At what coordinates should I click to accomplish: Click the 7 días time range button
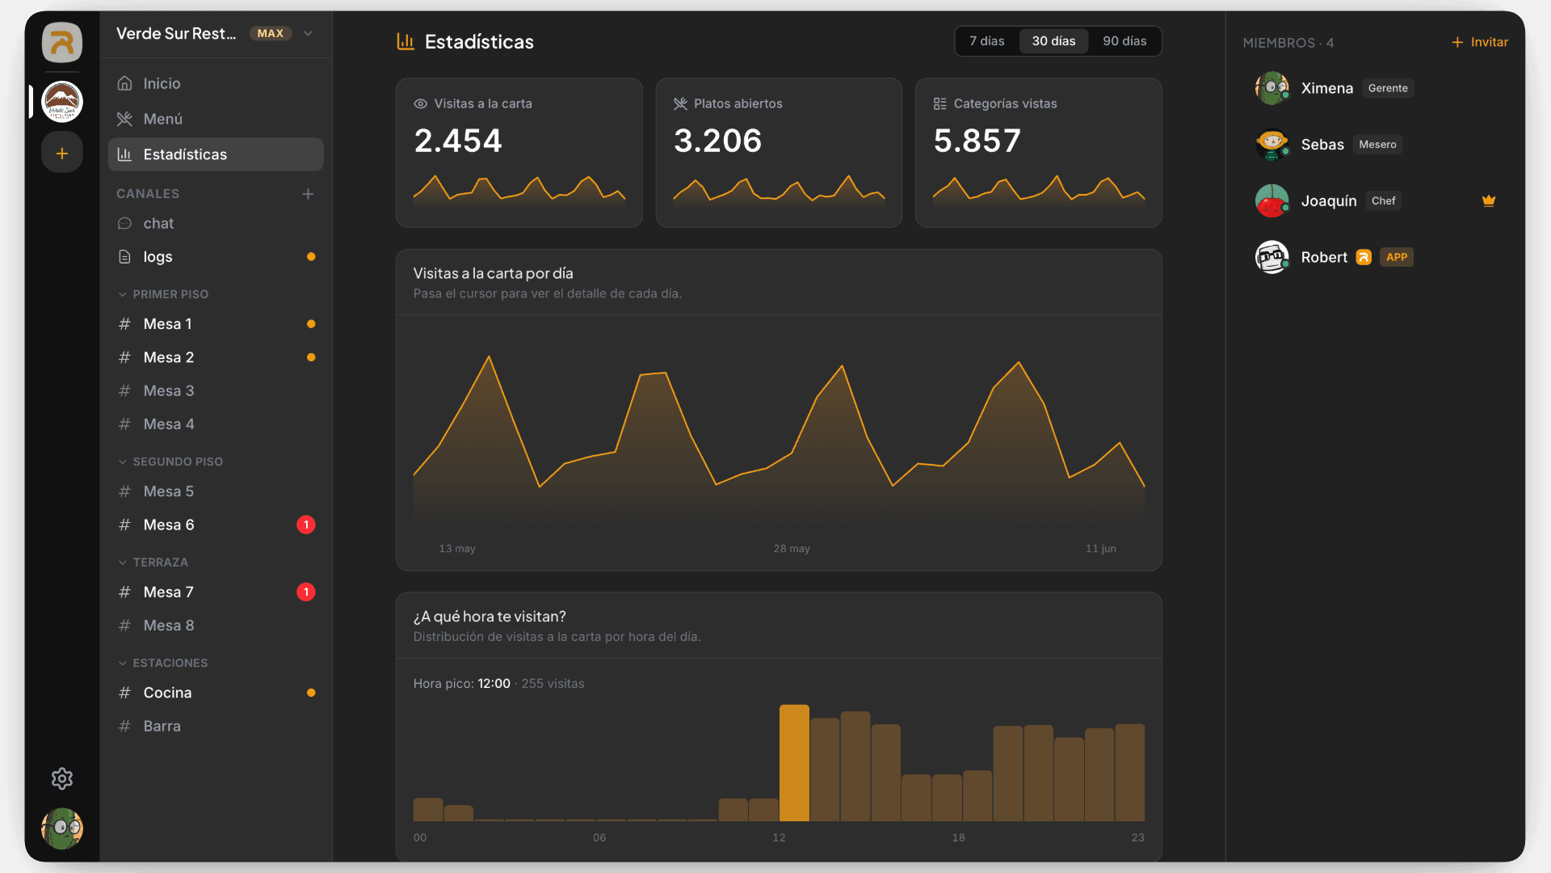[x=986, y=41]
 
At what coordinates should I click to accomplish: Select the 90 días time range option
[x=1124, y=41]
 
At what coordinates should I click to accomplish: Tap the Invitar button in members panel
[x=1480, y=42]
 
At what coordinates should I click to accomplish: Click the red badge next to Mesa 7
[x=306, y=592]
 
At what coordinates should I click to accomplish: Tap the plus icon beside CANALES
[x=308, y=194]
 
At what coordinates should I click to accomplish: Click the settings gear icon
[x=62, y=778]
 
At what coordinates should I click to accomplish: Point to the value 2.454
[x=458, y=141]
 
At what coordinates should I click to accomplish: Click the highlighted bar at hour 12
[x=794, y=763]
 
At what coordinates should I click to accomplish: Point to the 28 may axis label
[x=792, y=549]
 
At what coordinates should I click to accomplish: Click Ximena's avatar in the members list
[x=1272, y=88]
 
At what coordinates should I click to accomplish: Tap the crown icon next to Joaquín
[x=1489, y=200]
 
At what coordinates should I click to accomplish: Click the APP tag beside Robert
[x=1397, y=257]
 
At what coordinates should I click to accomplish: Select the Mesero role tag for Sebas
[x=1377, y=145]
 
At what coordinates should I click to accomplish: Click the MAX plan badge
[x=271, y=33]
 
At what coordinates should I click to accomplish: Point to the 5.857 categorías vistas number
[x=977, y=141]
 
